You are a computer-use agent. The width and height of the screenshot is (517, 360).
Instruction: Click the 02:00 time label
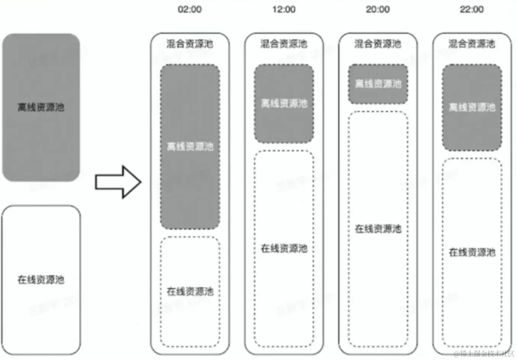click(189, 10)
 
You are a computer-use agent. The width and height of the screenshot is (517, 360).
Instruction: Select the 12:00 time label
click(284, 10)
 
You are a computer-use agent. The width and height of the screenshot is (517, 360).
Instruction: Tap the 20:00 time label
click(377, 10)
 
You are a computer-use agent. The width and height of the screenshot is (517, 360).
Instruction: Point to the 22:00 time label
click(472, 10)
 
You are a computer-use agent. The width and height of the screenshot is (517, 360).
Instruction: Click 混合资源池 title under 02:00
click(189, 44)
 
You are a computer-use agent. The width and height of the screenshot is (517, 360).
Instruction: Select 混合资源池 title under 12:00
click(284, 44)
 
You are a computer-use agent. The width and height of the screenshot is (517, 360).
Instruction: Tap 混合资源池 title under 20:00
click(377, 44)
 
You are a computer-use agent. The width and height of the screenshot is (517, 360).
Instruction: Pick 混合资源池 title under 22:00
click(472, 44)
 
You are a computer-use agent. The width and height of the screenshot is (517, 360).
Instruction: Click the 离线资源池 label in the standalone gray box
click(41, 107)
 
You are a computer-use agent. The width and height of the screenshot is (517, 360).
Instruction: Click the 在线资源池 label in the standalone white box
click(41, 280)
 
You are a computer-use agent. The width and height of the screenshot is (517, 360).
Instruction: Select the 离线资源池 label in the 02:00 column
click(190, 147)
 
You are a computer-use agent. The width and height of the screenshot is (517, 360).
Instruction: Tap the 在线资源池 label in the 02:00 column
click(190, 292)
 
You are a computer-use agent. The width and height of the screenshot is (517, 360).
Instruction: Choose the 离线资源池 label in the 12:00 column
click(284, 104)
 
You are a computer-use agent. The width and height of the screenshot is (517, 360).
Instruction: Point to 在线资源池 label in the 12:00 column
click(284, 249)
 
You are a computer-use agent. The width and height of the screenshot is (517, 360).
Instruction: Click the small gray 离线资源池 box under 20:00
click(378, 84)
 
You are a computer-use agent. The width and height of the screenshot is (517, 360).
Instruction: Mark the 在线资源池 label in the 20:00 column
click(378, 229)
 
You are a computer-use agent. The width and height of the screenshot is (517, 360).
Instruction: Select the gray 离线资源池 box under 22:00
click(472, 107)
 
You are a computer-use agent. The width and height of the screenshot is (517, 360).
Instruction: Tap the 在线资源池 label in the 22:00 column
click(472, 253)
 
